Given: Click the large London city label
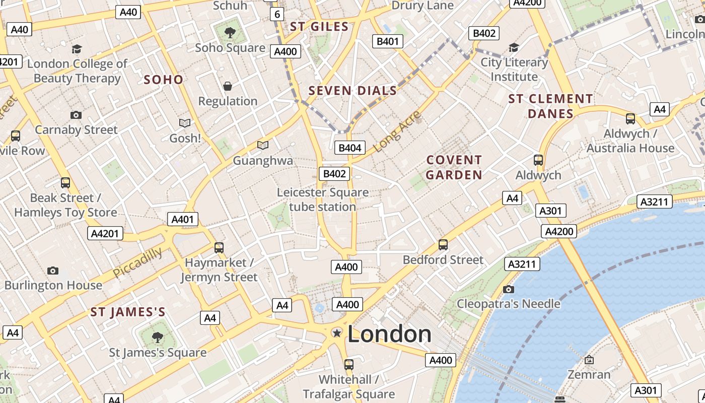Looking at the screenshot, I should click(x=389, y=334).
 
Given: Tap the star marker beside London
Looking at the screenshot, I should click(x=336, y=333).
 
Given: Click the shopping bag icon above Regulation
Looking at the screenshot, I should click(x=228, y=86).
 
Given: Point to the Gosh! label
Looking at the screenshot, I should click(x=185, y=138).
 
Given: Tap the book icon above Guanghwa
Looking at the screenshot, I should click(x=262, y=146).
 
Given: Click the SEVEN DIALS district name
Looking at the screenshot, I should click(x=352, y=91).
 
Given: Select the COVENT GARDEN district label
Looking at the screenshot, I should click(x=454, y=167).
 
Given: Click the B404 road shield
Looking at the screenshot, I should click(x=350, y=148).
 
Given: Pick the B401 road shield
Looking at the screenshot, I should click(x=388, y=41).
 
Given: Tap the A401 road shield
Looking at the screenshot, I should click(x=182, y=219).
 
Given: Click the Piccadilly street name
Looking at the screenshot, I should click(x=137, y=262).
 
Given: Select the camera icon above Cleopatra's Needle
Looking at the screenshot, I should click(x=509, y=289).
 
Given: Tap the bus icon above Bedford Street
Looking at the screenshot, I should click(x=443, y=245).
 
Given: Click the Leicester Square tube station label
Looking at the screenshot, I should click(x=323, y=199).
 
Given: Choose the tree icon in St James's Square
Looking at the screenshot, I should click(x=158, y=337).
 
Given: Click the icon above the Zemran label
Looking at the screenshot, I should click(x=589, y=360).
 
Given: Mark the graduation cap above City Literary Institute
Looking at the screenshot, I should click(x=514, y=48).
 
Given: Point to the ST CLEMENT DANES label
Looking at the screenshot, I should click(x=550, y=106).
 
